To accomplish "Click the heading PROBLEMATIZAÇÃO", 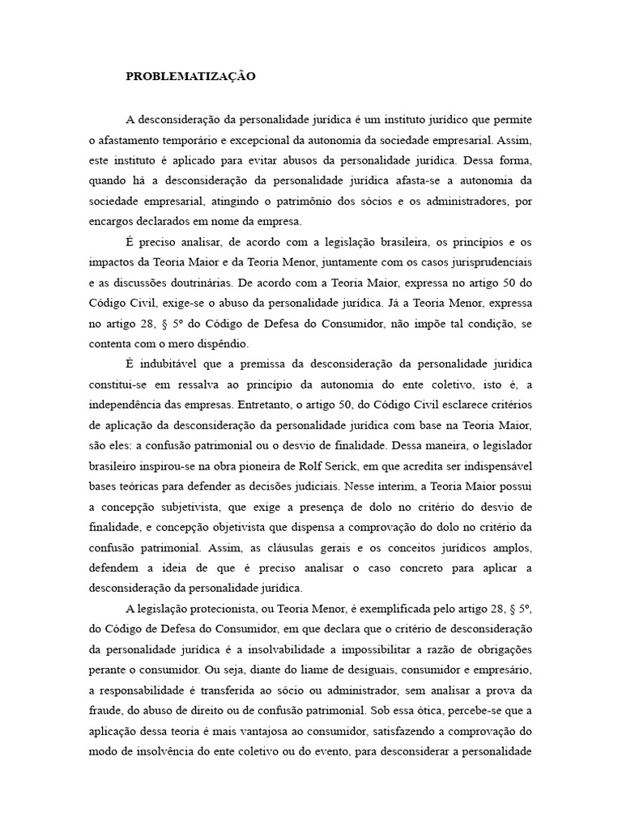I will point(190,77).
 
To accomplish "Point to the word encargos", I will point(112,221).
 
